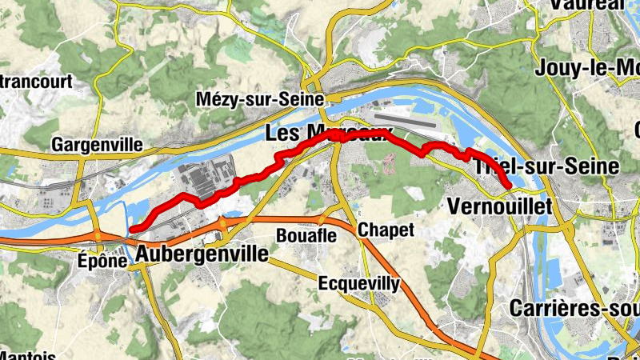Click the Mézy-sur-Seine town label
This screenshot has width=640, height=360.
pos(260,100)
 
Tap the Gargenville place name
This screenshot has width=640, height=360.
pos(97,145)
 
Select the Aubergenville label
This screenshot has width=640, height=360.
pos(202,254)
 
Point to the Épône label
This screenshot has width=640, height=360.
pos(103,260)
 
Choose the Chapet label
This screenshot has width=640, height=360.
pos(386,230)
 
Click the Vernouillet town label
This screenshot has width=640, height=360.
pos(501,206)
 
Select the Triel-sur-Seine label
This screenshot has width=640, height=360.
pos(547,167)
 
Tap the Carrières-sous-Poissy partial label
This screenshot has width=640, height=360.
pos(574,308)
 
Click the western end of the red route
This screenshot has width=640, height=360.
pos(132,230)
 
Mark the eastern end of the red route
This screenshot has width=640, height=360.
pos(510,187)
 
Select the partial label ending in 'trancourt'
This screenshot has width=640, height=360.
pos(36,81)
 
